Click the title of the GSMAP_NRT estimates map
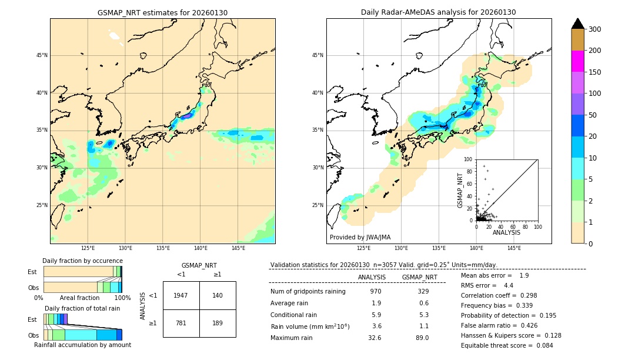162,13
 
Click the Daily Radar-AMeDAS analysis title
439,13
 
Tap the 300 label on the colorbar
594,29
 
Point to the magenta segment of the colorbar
578,61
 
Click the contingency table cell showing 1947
181,295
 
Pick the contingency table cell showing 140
218,295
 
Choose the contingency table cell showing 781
181,323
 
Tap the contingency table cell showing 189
218,323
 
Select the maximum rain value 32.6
375,338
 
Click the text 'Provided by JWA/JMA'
360,238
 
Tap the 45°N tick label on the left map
42,55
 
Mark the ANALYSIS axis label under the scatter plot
506,233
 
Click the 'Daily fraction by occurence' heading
82,261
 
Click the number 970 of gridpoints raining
376,292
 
